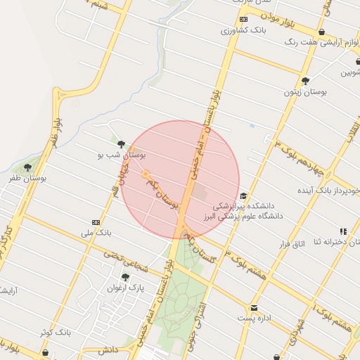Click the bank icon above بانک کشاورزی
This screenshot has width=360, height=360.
tap(243, 20)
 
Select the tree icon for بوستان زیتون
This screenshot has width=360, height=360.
tap(305, 81)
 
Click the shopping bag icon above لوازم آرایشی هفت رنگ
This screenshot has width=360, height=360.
tap(321, 32)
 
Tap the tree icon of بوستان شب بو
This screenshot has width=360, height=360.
tap(121, 144)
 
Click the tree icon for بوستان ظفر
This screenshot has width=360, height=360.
tap(27, 167)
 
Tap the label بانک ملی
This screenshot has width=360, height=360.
tap(96, 232)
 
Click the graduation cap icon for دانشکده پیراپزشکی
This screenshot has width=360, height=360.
tap(243, 196)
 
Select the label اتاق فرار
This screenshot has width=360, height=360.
tap(286, 244)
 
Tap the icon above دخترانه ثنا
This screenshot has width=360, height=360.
tap(343, 231)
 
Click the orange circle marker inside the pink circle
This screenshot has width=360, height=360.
tap(146, 174)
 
